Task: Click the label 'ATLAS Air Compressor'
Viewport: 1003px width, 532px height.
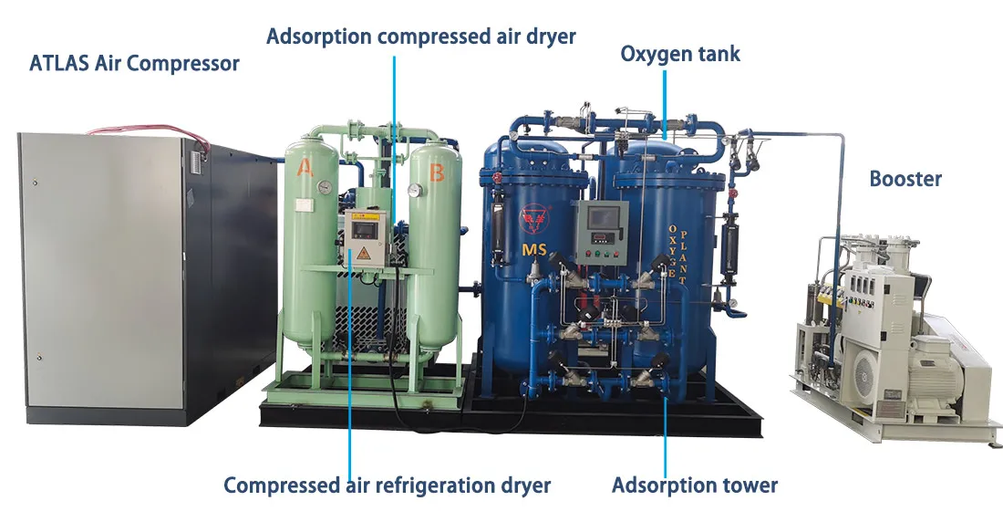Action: tap(135, 64)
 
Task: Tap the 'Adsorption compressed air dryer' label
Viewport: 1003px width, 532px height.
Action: tap(420, 37)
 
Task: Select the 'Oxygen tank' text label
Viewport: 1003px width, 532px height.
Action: tap(680, 54)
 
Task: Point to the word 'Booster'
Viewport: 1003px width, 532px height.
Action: tap(905, 178)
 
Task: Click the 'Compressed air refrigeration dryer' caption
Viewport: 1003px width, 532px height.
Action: tap(387, 485)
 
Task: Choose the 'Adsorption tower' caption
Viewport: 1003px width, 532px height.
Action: tap(695, 485)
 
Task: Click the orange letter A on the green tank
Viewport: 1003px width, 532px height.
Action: tap(304, 166)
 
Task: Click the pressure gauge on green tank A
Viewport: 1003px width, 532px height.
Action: tap(324, 186)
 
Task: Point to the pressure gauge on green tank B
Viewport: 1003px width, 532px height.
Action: tap(415, 191)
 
